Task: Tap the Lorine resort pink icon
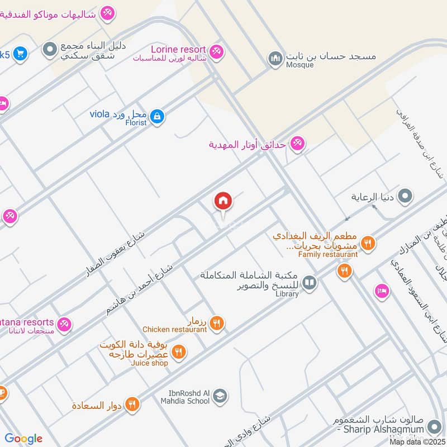coord(217,51)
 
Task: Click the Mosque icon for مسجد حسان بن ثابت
coord(275,58)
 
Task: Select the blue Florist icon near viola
coord(158,116)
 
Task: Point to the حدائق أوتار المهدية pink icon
coord(297,144)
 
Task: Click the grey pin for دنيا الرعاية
coord(407,196)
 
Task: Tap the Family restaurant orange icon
coord(368,243)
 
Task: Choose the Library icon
coord(309,283)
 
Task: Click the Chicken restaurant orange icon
coord(218,322)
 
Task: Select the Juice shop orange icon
coord(179,351)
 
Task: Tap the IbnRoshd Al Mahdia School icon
coord(221,396)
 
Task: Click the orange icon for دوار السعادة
coord(132,403)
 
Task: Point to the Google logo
coord(23,439)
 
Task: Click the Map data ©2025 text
coord(416,442)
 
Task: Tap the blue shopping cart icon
coord(21,54)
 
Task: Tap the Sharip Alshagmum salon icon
coord(433,427)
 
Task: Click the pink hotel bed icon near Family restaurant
coord(382,291)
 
